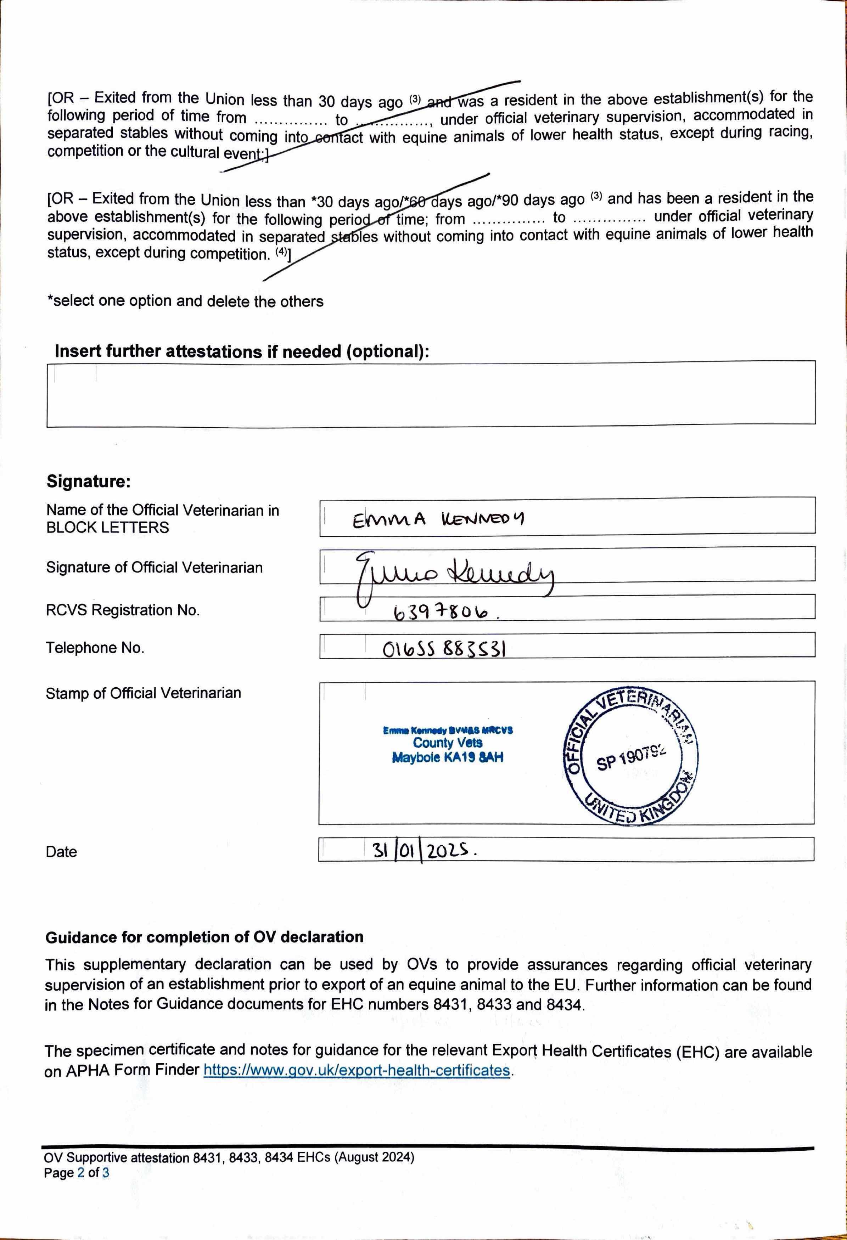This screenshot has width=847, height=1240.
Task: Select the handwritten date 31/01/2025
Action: click(x=422, y=850)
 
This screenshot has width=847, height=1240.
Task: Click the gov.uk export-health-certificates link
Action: click(x=357, y=1070)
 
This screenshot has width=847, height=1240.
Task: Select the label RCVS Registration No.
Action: click(x=123, y=610)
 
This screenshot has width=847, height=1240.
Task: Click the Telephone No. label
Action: click(x=95, y=648)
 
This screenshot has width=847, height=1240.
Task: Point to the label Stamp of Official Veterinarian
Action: click(x=143, y=693)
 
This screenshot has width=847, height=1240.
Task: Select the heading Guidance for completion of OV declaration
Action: click(x=204, y=937)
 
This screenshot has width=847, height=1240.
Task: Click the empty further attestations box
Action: click(x=431, y=394)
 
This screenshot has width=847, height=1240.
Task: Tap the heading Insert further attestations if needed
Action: click(x=242, y=351)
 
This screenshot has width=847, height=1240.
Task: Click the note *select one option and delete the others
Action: click(x=185, y=301)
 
